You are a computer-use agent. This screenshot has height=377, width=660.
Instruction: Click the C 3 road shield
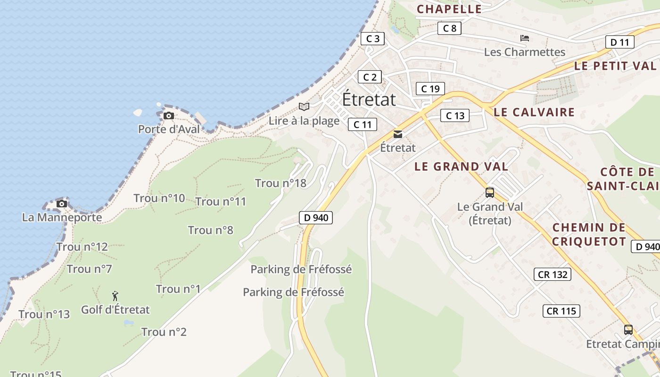click(x=372, y=39)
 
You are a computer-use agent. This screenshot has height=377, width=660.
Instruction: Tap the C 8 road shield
click(x=449, y=28)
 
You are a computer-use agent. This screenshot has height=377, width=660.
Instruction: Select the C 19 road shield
click(x=430, y=89)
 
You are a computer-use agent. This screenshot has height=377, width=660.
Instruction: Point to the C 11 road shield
click(x=362, y=124)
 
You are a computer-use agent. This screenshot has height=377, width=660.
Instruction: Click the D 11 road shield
click(x=619, y=42)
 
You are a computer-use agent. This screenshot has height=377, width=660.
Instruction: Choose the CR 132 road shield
click(x=553, y=274)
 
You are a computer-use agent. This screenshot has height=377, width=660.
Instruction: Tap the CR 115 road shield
click(x=561, y=311)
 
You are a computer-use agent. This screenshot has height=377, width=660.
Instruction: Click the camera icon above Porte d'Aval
click(x=168, y=116)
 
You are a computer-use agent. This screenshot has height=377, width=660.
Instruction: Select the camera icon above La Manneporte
click(x=62, y=204)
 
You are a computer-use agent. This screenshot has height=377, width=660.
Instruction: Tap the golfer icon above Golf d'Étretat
click(x=115, y=296)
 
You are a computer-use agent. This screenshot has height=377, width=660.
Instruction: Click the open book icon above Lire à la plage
click(x=304, y=107)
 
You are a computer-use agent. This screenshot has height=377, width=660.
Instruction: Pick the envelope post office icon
click(x=398, y=135)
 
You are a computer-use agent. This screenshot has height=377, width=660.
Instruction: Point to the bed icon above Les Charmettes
click(x=525, y=38)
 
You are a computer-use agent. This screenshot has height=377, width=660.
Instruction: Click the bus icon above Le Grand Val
click(x=490, y=193)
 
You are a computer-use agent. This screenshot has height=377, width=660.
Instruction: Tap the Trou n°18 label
click(x=280, y=183)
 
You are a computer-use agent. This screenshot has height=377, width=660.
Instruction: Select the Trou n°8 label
click(x=210, y=230)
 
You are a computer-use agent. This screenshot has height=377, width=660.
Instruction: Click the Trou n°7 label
click(x=89, y=269)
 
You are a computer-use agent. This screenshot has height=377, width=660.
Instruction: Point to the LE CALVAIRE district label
click(x=534, y=112)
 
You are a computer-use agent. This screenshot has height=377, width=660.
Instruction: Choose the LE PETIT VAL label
click(x=615, y=66)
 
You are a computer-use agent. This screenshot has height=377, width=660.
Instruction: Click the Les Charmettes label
click(x=524, y=52)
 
